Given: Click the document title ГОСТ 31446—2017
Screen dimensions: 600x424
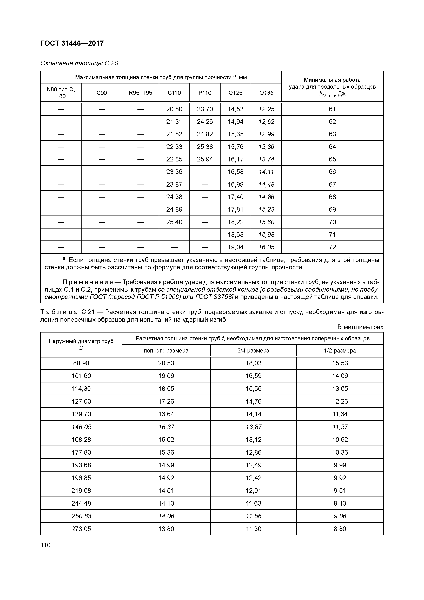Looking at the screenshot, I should [x=72, y=43].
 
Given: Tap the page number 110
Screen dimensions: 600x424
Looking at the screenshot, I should [x=45, y=545].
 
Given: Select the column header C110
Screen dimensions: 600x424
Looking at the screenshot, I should [x=174, y=93].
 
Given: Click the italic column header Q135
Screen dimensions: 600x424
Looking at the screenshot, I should [x=266, y=93].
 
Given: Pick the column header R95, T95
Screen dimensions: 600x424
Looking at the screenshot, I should [x=140, y=93].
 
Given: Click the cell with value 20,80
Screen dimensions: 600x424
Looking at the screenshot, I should [x=174, y=109].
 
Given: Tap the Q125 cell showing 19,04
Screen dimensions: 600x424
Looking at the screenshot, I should [x=235, y=247].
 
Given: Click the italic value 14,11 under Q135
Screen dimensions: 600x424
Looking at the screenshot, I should [x=266, y=172].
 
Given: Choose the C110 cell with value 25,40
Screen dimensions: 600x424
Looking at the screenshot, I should [x=174, y=222].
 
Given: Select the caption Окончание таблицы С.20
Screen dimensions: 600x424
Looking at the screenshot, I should [x=79, y=63].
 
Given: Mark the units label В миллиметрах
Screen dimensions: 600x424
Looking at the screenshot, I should [x=360, y=327].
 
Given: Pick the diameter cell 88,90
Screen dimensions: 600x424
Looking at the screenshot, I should [x=81, y=363].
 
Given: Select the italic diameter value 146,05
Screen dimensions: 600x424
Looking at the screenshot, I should [x=81, y=427].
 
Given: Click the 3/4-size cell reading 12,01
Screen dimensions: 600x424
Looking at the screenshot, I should [x=253, y=491].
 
